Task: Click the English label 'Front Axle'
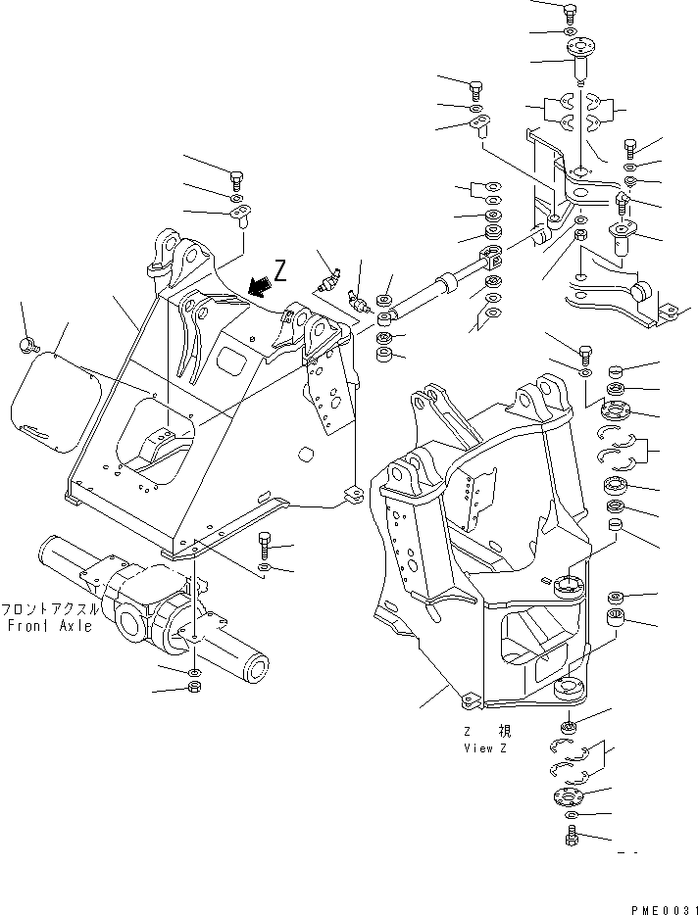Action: (49, 625)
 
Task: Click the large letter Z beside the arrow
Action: (281, 271)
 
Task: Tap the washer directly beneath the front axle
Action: (194, 671)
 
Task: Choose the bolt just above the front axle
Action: (264, 542)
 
